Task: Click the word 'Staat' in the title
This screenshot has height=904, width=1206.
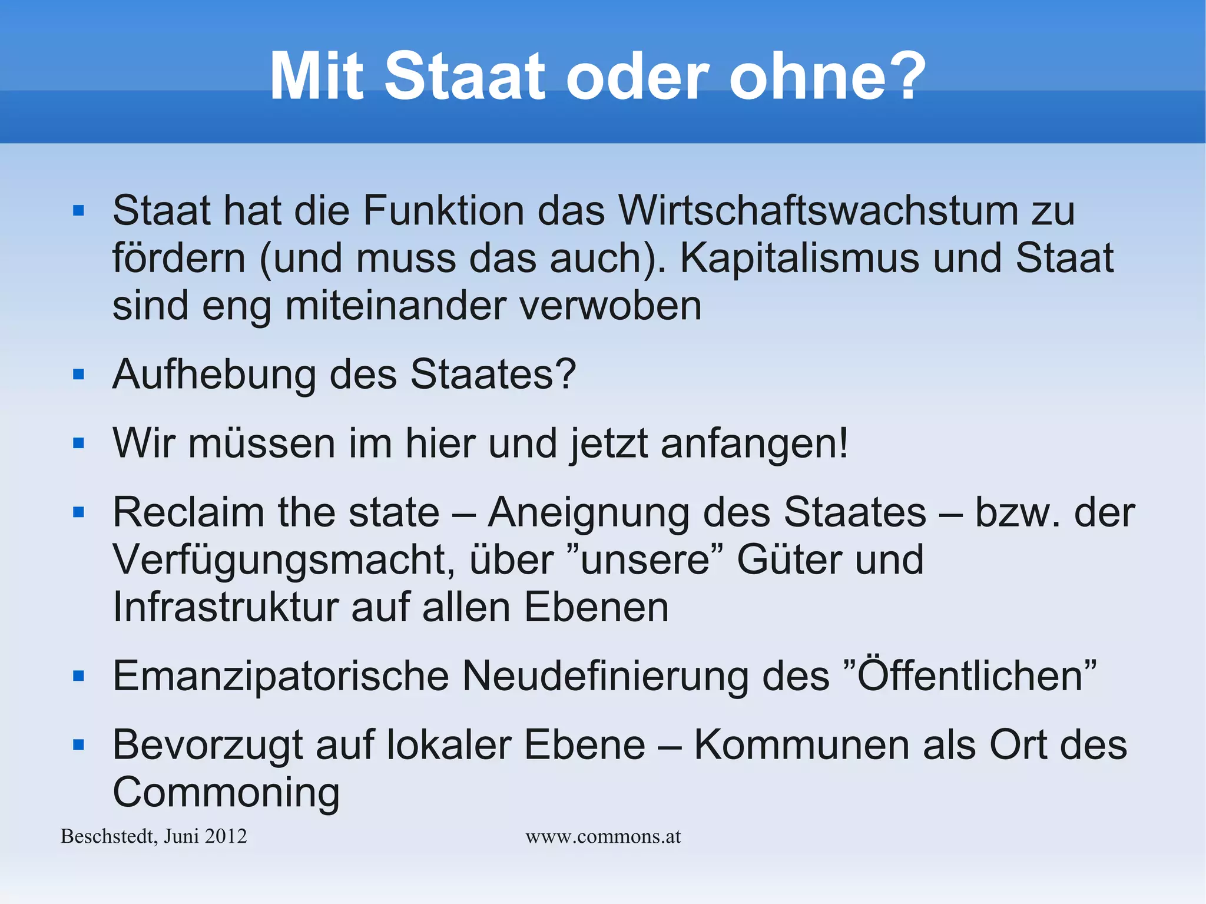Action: coord(465,77)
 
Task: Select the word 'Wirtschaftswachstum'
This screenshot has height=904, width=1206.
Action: coord(818,210)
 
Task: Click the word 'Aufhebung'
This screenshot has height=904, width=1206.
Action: coord(214,375)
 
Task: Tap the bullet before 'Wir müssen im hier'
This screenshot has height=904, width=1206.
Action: coord(79,443)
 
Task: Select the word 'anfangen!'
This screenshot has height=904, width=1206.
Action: coord(754,443)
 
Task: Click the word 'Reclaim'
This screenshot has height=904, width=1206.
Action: coord(188,512)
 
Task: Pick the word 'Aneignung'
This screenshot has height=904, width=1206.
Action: coord(588,512)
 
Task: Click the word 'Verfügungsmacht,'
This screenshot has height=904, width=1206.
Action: coord(283,559)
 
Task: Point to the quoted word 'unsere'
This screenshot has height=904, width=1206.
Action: coord(645,559)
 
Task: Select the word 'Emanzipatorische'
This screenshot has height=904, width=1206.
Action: coord(280,676)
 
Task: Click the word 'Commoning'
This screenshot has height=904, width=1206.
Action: coord(226,793)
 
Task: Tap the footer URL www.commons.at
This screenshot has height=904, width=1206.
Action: coord(603,836)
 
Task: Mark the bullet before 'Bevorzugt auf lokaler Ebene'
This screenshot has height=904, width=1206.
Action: coord(79,745)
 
